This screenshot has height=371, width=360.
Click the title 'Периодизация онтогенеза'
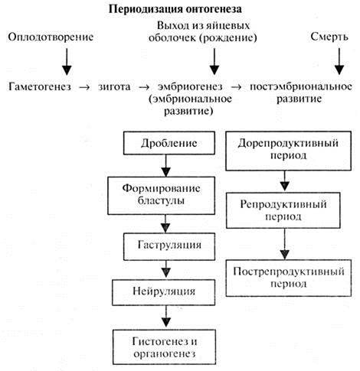175,9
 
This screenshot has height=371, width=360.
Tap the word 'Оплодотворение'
51,37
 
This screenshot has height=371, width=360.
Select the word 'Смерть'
329,37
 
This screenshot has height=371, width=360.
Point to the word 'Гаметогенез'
40,86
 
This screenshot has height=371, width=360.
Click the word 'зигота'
114,86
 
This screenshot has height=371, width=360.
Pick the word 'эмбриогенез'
190,86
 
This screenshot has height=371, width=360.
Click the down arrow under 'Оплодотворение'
67,62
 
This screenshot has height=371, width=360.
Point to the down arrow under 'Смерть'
339,61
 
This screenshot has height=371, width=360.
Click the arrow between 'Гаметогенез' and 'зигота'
84,87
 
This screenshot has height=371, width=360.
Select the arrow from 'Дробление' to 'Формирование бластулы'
166,165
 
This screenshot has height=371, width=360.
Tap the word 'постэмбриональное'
301,86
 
